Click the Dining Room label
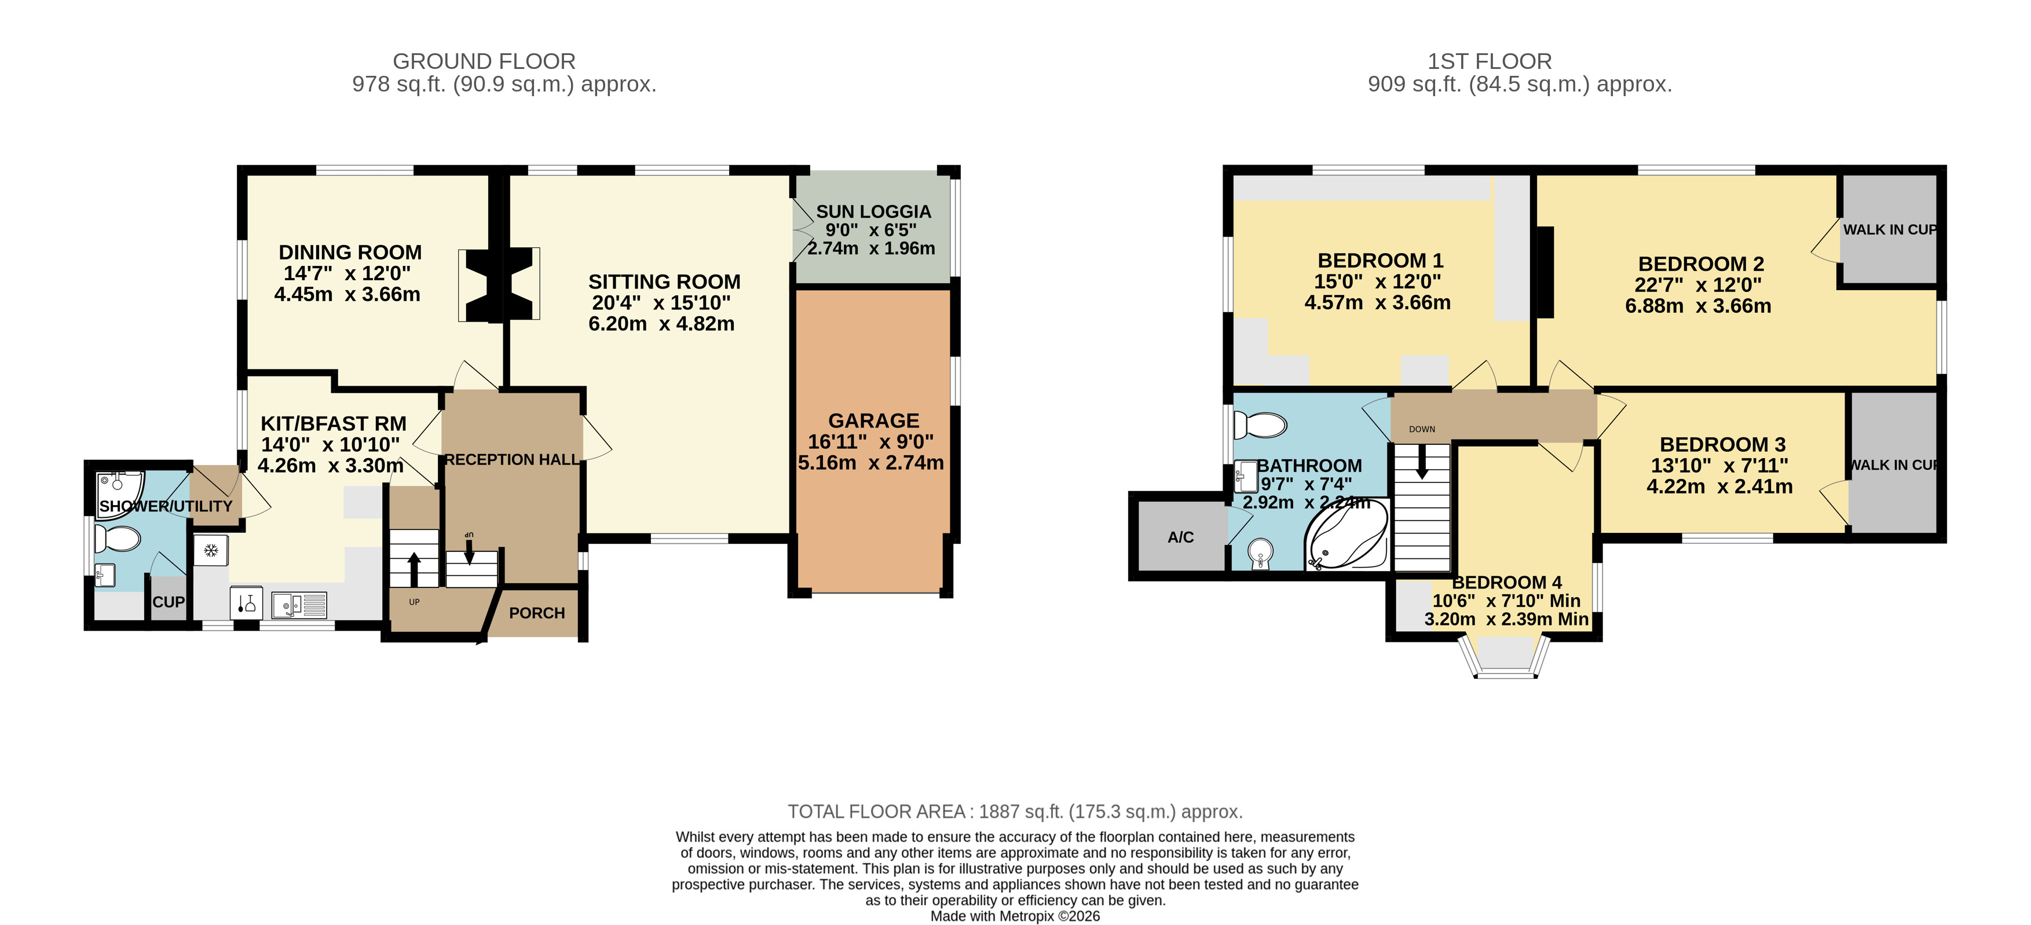[350, 253]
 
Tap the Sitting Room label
[664, 281]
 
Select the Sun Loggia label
[873, 211]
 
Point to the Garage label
[873, 421]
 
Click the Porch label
[537, 613]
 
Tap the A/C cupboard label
[1180, 537]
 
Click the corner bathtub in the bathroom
[1346, 534]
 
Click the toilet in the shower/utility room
[116, 539]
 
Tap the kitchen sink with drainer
[299, 605]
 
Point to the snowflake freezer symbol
[210, 550]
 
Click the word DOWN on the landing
[1422, 429]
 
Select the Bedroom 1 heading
[1379, 260]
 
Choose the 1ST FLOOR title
[1490, 61]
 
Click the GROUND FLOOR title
[484, 61]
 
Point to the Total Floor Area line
[1016, 811]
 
